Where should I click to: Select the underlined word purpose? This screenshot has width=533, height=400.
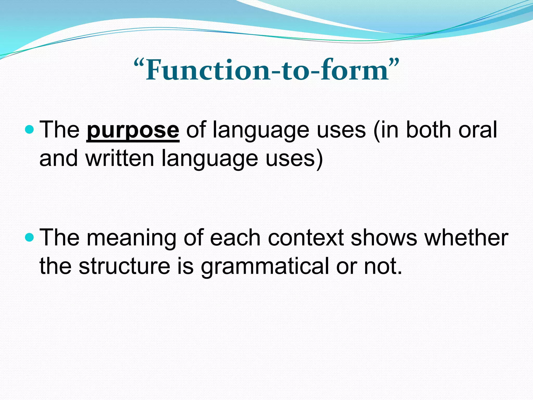133,130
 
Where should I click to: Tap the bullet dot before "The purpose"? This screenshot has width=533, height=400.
30,129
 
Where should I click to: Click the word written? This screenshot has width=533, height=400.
120,158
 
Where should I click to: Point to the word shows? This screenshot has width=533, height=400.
384,238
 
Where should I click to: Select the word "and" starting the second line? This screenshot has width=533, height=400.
59,158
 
